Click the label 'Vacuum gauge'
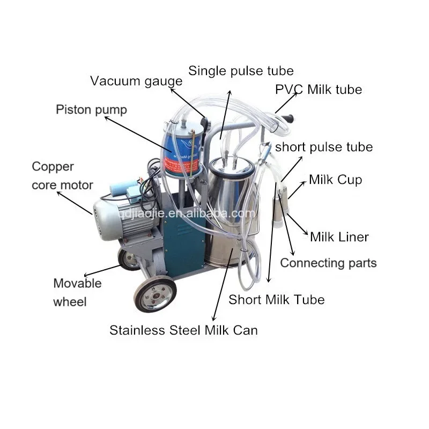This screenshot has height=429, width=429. pos(136,81)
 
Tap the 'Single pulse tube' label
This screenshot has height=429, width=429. pos(241,71)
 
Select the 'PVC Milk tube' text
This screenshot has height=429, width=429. pos(319,89)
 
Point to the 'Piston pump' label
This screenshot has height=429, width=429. pos(92,110)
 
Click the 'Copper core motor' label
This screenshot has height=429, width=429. pos(62,175)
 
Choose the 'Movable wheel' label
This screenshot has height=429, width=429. pos(77,292)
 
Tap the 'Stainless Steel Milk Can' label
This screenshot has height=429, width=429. pos(183,330)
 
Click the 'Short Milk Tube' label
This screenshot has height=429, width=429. pos(276,299)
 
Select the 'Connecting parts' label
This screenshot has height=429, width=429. pos(328,263)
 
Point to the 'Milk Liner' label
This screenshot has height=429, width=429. pos(339,236)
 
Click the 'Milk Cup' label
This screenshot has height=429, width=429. pos(335,180)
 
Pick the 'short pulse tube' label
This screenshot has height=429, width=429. pos(323,147)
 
